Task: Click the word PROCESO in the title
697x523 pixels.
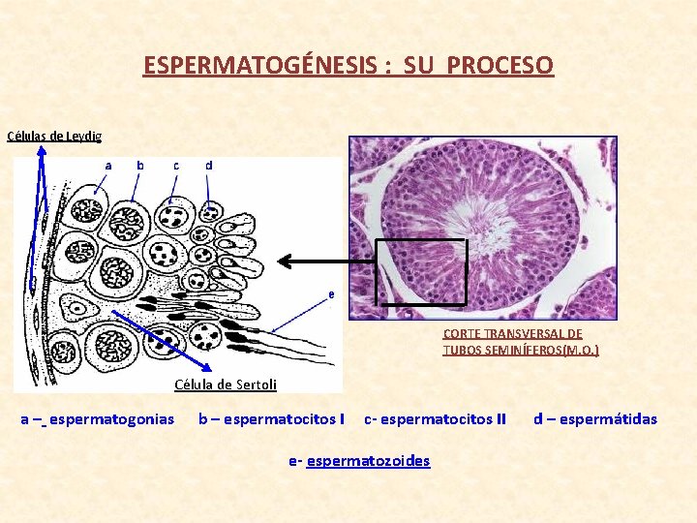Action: pos(500,66)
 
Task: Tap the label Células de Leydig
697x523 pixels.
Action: pos(54,137)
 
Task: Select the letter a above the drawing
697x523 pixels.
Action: pos(108,166)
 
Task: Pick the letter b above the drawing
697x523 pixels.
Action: pos(140,166)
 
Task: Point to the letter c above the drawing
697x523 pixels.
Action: pos(175,166)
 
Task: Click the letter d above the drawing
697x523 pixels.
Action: pos(208,166)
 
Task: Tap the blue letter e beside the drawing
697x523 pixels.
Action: pos(332,293)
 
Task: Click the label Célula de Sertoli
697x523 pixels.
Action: pos(225,385)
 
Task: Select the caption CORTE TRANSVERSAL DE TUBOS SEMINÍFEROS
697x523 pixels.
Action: pos(520,341)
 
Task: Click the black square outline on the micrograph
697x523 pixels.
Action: pos(420,240)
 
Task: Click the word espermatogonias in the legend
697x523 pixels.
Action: pos(111,419)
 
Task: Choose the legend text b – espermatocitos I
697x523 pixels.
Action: pos(271,419)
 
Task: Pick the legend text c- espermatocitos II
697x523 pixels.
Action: pos(435,419)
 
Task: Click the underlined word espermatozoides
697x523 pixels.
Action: pos(368,461)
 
